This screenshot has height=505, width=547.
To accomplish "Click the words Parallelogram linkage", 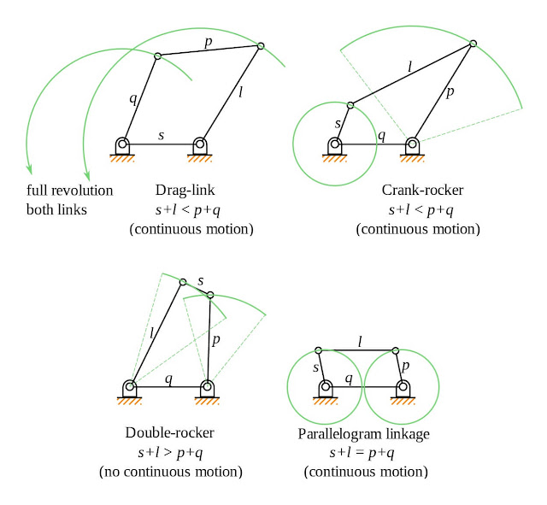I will [x=363, y=434].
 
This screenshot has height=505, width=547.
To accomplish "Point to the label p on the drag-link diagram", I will [x=208, y=41].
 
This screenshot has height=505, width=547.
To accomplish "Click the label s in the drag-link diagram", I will [x=162, y=135].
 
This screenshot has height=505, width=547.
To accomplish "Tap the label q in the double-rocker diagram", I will [x=168, y=377].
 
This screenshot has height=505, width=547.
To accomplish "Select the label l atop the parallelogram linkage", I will [x=359, y=341].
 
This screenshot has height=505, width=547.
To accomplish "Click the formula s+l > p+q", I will [x=171, y=451].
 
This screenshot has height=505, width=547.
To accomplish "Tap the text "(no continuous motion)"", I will [x=171, y=471].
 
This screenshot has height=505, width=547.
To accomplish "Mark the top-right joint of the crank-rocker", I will [x=473, y=43].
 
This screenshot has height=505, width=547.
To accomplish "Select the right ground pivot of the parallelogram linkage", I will [x=402, y=386].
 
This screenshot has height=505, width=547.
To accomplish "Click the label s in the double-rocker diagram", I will [x=201, y=280].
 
